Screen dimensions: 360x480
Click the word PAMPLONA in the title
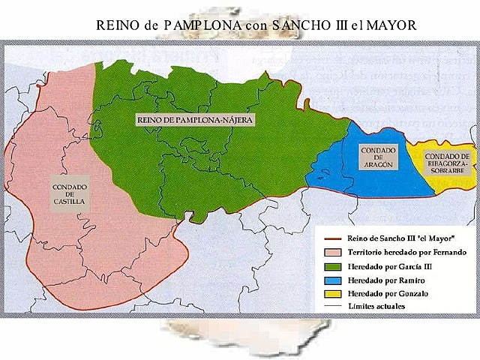(193, 25)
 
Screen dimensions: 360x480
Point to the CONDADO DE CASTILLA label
(68, 194)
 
